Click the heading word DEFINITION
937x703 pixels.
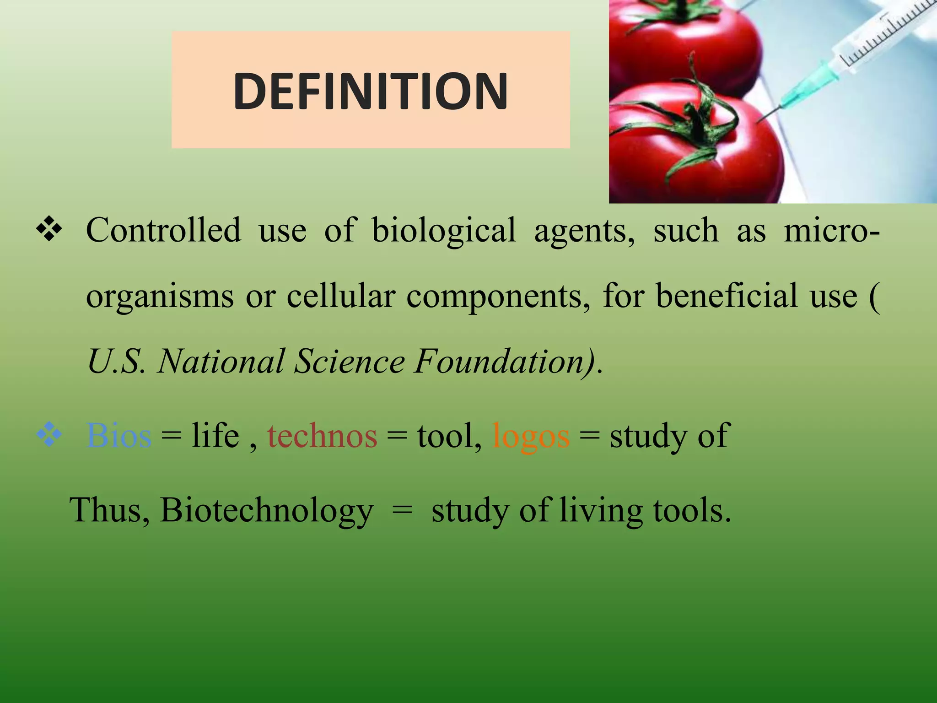tap(370, 91)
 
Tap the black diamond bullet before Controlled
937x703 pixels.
tap(49, 229)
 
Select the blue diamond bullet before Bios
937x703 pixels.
tap(49, 435)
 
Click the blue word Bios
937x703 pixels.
tap(118, 436)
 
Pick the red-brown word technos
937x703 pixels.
tap(322, 436)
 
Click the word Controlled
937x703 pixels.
tap(163, 230)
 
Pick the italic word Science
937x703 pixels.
tap(349, 362)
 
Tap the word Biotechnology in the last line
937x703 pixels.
tap(267, 511)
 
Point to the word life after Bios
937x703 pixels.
tap(215, 436)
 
